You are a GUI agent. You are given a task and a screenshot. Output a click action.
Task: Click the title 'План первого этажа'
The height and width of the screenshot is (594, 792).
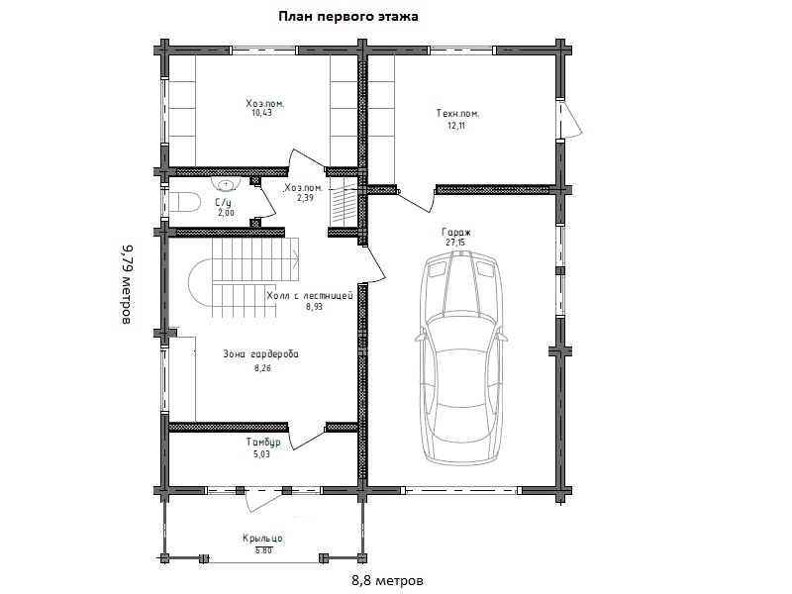point(348,17)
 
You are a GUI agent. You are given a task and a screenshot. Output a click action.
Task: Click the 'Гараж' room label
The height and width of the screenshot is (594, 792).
point(456,233)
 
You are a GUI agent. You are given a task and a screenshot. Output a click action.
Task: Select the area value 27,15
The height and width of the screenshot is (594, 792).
point(455,243)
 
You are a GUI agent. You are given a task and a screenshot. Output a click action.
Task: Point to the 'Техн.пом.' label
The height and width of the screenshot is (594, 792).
point(457,114)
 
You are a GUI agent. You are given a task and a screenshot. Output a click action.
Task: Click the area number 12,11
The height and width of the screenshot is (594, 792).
point(456,126)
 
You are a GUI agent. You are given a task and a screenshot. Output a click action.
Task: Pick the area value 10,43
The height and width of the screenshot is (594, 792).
point(261,113)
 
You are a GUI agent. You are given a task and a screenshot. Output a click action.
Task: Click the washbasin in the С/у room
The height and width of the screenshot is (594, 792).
point(226,184)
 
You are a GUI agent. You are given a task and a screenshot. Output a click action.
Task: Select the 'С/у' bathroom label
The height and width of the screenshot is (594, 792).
point(223,203)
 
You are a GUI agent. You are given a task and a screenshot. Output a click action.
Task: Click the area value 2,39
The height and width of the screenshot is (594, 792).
point(305,198)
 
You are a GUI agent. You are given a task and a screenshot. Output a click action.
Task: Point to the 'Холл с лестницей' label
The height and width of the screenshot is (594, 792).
point(310,296)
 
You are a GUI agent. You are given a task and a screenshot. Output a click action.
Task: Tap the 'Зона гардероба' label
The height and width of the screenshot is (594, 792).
point(260,354)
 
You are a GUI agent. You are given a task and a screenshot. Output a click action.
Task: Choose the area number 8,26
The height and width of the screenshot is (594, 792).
point(262,368)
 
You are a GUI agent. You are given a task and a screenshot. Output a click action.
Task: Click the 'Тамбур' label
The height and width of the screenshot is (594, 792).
point(263,443)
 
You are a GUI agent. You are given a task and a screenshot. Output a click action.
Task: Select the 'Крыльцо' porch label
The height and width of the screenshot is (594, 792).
point(262,539)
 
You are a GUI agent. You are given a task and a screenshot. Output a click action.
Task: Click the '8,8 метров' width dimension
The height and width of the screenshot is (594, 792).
point(387,580)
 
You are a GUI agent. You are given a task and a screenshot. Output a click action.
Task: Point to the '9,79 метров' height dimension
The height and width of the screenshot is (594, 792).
point(128,284)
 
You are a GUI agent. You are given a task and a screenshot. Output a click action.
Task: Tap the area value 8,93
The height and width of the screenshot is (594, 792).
point(314,307)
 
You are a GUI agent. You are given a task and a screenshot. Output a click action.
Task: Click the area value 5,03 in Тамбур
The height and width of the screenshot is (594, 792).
point(261,454)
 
